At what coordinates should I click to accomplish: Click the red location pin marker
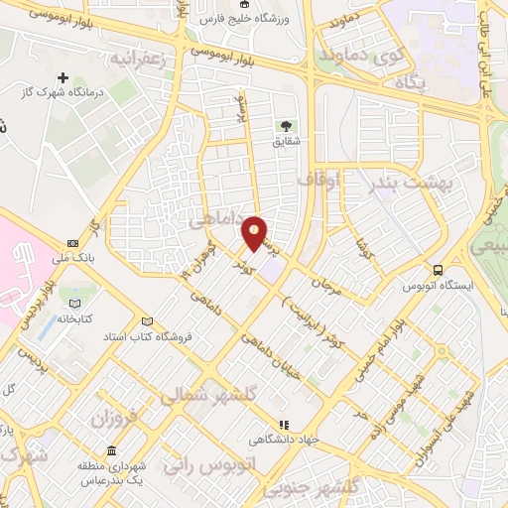[255, 233]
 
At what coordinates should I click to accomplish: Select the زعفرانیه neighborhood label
[148, 57]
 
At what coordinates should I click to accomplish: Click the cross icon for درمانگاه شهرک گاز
[63, 76]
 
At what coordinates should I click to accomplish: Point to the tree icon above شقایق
[286, 126]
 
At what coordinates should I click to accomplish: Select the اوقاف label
[318, 180]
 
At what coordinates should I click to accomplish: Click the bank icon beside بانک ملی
[72, 243]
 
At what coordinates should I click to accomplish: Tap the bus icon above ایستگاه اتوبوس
[438, 269]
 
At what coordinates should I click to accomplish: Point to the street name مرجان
[325, 281]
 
